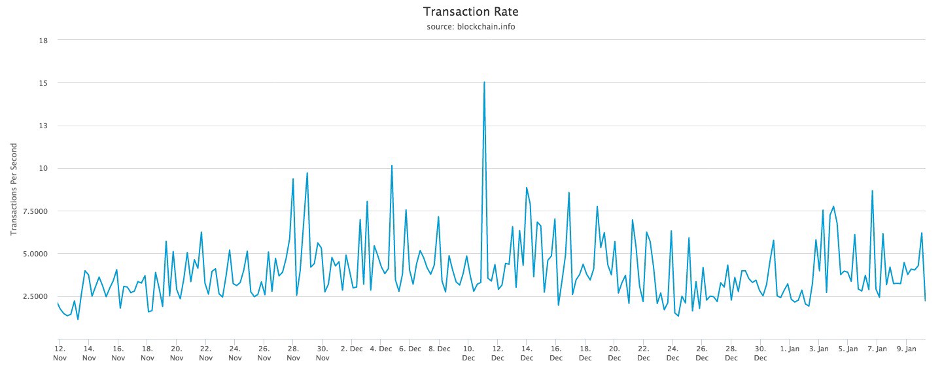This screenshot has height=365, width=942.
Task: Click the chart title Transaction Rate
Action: tap(470, 12)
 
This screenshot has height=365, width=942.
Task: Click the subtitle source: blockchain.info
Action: tap(470, 27)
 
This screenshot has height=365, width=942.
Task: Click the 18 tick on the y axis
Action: tap(44, 41)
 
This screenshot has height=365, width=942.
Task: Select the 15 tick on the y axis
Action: tap(44, 83)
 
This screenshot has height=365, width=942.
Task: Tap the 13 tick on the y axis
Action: tap(44, 126)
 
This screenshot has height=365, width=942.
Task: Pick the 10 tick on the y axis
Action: tap(44, 168)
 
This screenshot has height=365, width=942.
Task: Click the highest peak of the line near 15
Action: tap(484, 82)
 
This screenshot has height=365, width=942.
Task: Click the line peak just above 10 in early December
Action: tap(391, 165)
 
